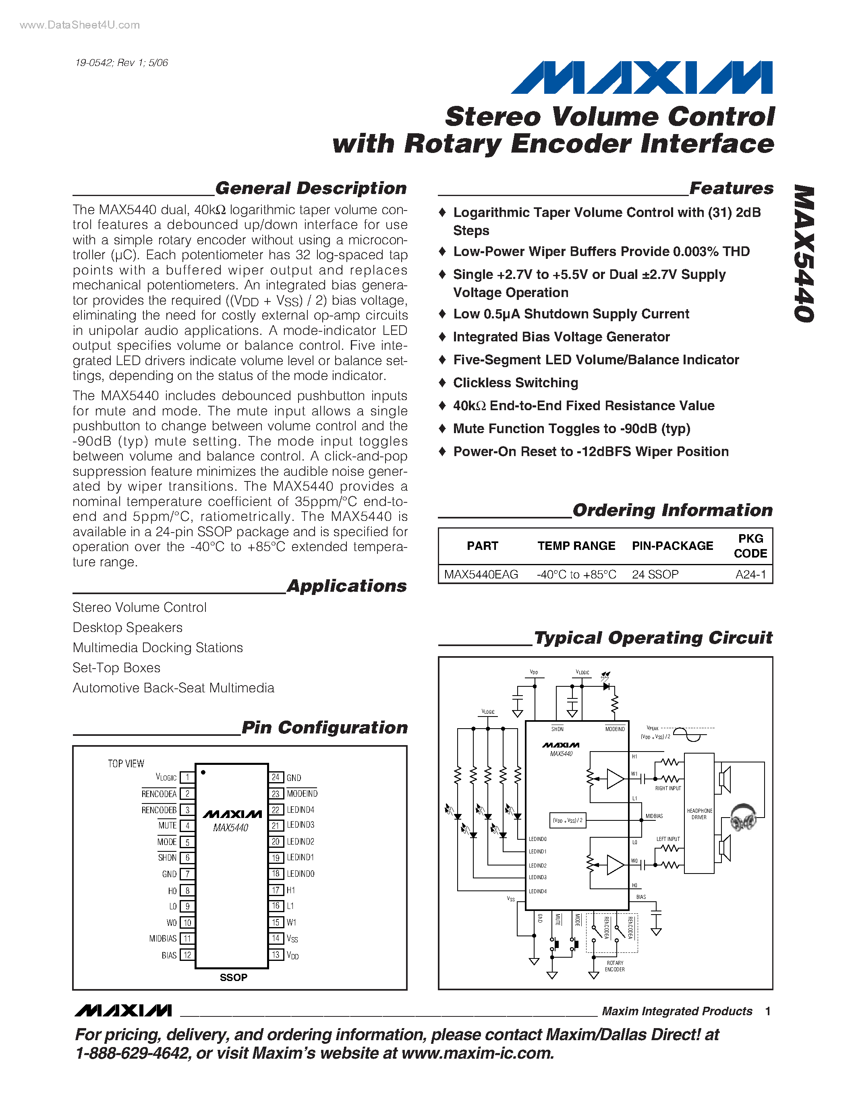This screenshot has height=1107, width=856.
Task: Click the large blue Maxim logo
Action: click(641, 78)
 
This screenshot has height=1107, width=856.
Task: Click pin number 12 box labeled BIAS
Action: click(187, 955)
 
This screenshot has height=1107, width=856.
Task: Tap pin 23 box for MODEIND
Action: click(276, 794)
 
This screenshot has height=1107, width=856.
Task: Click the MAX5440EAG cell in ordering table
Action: click(481, 574)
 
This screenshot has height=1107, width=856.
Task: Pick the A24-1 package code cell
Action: click(750, 574)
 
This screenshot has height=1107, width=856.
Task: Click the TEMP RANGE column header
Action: click(576, 546)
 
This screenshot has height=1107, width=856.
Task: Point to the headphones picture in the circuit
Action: click(743, 817)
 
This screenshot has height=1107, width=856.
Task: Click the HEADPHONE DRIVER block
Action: click(699, 814)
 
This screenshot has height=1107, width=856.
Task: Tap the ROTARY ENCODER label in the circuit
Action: click(615, 966)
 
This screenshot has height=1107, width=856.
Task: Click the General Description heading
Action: click(311, 188)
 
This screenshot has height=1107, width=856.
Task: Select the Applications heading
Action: click(347, 586)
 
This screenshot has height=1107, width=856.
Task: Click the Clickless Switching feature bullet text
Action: click(515, 383)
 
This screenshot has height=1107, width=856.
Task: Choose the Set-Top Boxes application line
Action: click(117, 667)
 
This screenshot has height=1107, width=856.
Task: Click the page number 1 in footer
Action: click(768, 1011)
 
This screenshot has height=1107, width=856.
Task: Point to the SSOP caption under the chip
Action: click(233, 977)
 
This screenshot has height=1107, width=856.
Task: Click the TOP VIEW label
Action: click(126, 763)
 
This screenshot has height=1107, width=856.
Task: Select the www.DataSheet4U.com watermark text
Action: click(80, 25)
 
